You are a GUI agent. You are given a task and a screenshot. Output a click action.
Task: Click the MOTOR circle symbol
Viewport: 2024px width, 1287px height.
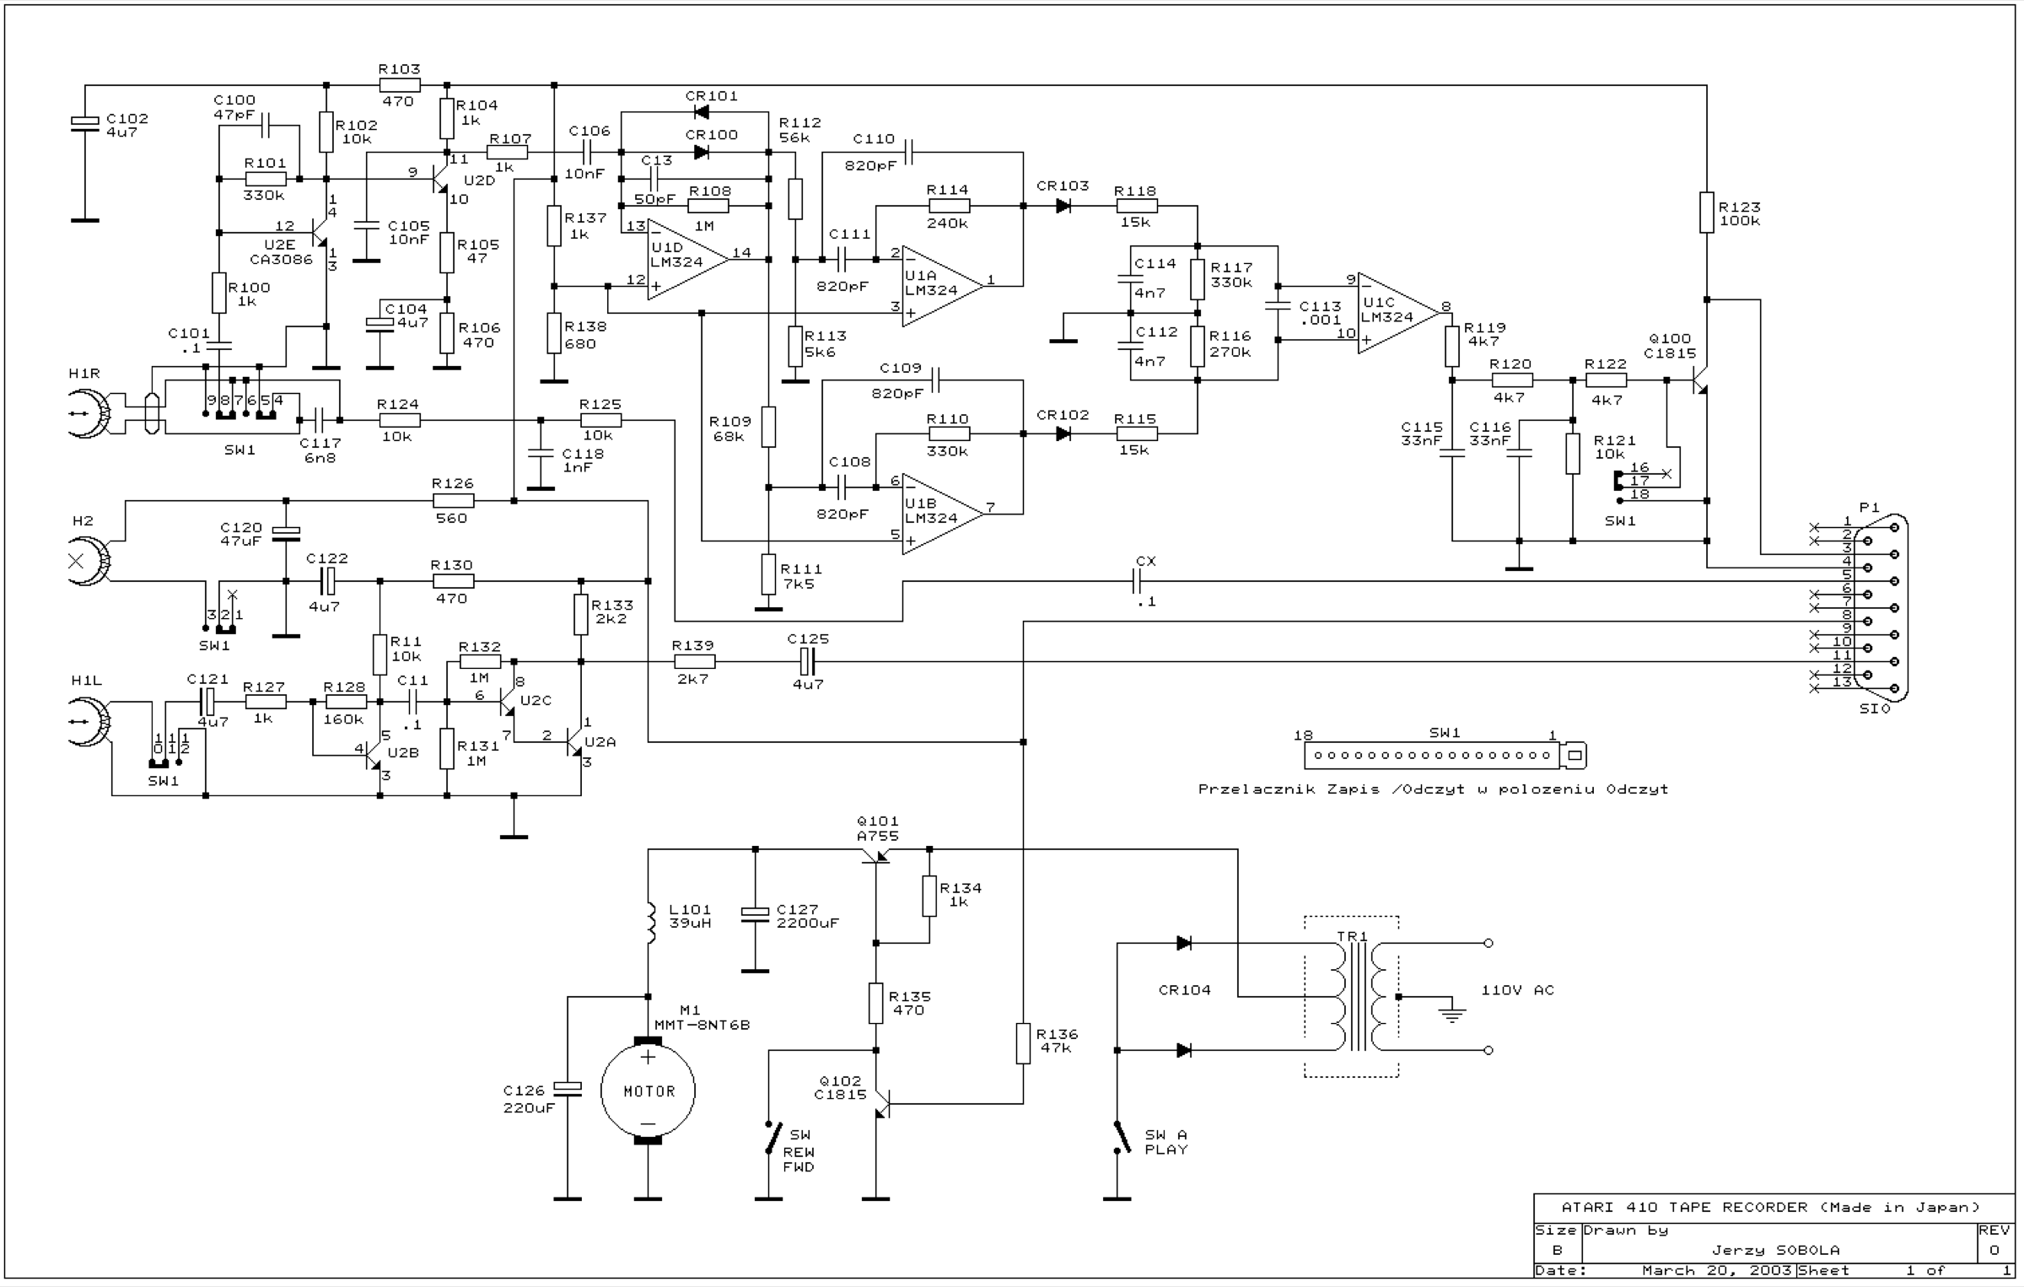click(648, 1090)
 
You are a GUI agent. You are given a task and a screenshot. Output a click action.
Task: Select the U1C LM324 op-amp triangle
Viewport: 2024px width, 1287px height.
click(1398, 313)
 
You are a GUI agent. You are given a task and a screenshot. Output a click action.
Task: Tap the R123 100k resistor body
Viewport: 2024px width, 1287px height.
click(1706, 213)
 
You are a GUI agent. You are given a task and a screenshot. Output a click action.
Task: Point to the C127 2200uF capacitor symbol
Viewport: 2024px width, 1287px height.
click(755, 913)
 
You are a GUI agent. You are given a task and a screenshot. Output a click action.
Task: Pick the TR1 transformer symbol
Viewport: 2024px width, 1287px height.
click(1351, 996)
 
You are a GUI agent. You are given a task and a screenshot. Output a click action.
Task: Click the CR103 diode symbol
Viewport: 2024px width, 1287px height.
click(1063, 205)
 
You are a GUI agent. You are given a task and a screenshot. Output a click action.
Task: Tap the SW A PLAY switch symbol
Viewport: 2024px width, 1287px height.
click(1121, 1138)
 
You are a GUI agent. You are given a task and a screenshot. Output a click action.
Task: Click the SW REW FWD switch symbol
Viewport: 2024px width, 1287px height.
click(771, 1138)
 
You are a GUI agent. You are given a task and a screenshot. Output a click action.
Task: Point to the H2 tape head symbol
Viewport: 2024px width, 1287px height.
click(89, 561)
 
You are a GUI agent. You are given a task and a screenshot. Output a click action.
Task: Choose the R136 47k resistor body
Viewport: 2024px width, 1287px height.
click(1023, 1043)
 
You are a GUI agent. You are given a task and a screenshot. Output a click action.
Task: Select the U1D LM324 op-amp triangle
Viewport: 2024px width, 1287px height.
click(688, 259)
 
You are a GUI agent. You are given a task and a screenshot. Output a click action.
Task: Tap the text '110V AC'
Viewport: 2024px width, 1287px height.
click(1517, 989)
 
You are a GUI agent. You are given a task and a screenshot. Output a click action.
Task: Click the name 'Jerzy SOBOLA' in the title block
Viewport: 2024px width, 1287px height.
click(1775, 1250)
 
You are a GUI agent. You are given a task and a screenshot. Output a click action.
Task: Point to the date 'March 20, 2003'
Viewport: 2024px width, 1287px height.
click(1716, 1271)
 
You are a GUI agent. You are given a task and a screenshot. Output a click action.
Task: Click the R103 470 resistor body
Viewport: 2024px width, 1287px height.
click(400, 85)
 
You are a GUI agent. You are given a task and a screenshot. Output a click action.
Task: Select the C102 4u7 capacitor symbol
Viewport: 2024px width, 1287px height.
click(84, 124)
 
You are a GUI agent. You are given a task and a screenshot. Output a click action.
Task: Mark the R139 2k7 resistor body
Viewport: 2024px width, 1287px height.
click(693, 661)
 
